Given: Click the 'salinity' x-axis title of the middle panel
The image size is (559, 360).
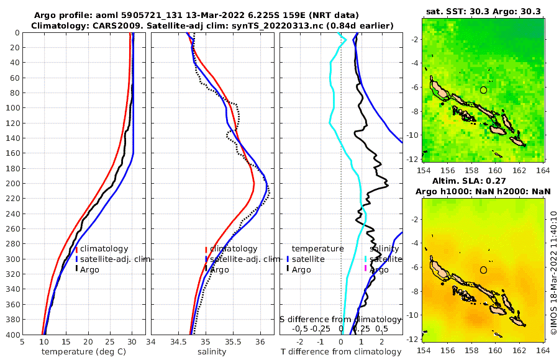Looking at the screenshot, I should (x=211, y=352).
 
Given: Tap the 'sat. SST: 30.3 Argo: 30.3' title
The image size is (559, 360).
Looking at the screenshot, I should (x=483, y=11).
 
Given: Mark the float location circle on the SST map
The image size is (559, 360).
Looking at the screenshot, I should (x=483, y=90).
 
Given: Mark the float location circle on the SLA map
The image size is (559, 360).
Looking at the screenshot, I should (x=483, y=270).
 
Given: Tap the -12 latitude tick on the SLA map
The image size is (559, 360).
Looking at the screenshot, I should (x=412, y=339).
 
